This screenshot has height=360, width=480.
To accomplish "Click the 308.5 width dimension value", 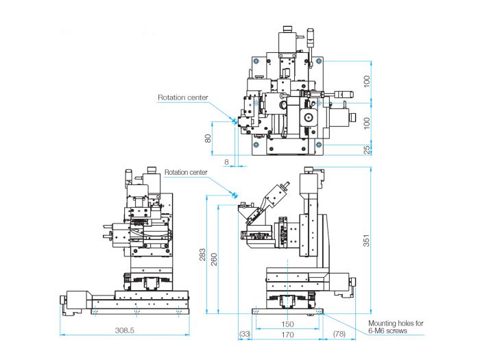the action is pos(125,331).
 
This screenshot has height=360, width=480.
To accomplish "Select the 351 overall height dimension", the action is pos(366,240).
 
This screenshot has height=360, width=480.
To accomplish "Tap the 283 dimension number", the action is pos(203,254).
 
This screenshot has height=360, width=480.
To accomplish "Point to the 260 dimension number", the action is pos(214,259).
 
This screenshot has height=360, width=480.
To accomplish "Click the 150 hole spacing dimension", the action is pos(287,324).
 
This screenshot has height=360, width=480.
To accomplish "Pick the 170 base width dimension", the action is pos(287,335).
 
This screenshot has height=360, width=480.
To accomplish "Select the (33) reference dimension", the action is pos(245,334).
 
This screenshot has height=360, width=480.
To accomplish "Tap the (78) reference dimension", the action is pos(339,334).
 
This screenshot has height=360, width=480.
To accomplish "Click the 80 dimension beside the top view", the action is pos(208,139).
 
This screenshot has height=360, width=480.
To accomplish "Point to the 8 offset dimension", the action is pos(226,162).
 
